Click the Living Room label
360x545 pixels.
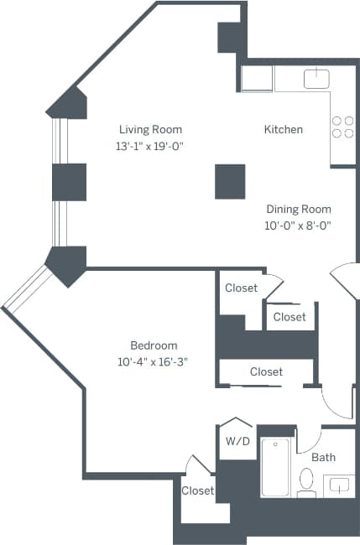pyautogui.click(x=150, y=129)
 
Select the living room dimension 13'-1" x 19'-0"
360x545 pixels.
pyautogui.click(x=150, y=146)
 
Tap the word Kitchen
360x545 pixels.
pyautogui.click(x=283, y=129)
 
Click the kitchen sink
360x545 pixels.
pyautogui.click(x=316, y=79)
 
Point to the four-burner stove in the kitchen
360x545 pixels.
pyautogui.click(x=342, y=126)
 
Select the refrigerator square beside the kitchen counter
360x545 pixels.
pyautogui.click(x=257, y=79)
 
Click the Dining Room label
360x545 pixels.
pyautogui.click(x=299, y=209)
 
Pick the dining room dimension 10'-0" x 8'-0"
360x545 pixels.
pyautogui.click(x=299, y=226)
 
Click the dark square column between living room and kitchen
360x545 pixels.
pyautogui.click(x=230, y=181)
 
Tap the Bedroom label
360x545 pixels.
pyautogui.click(x=154, y=345)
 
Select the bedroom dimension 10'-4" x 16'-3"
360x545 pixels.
pyautogui.click(x=154, y=362)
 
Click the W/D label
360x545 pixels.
pyautogui.click(x=236, y=442)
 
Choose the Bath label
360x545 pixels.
pyautogui.click(x=323, y=458)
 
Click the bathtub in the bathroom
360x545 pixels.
pyautogui.click(x=276, y=467)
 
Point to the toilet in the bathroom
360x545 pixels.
pyautogui.click(x=307, y=481)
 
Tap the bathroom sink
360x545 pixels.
pyautogui.click(x=339, y=485)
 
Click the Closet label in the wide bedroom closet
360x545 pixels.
pyautogui.click(x=266, y=371)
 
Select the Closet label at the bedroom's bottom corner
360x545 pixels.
pyautogui.click(x=198, y=490)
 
